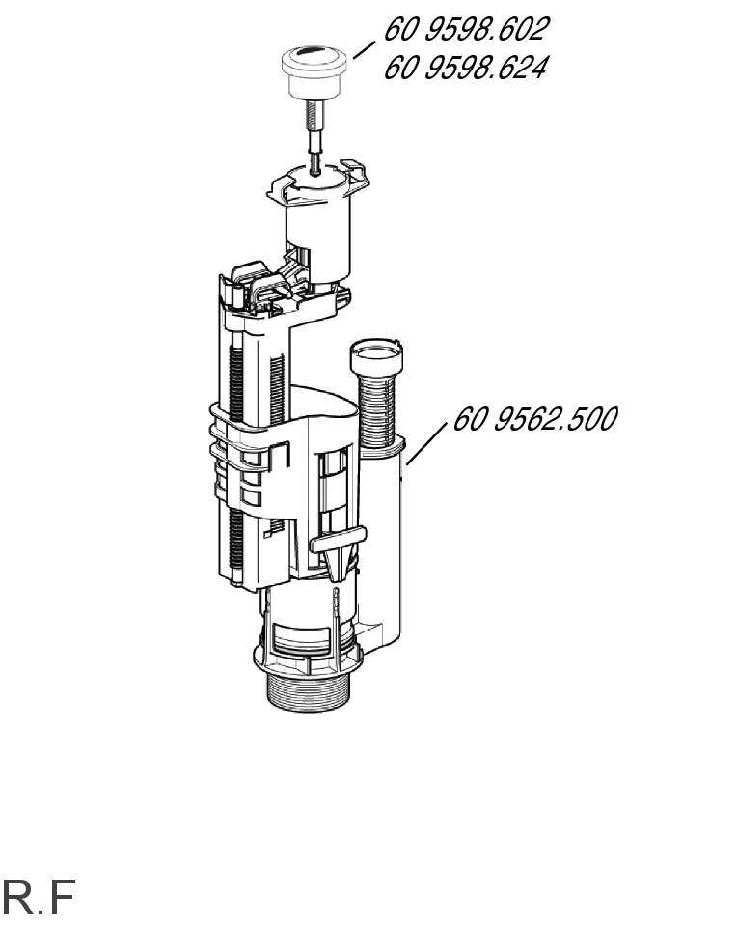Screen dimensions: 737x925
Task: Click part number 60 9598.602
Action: (466, 30)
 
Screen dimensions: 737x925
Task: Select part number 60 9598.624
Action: (465, 68)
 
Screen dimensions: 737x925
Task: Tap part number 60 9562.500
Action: (534, 419)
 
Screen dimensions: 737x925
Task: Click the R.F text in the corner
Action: (39, 897)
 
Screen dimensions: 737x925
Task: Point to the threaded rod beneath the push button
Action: (314, 137)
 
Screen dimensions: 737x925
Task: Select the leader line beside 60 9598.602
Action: (365, 49)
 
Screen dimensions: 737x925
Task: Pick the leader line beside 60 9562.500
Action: (426, 443)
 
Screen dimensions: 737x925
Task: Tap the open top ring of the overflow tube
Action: (377, 354)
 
